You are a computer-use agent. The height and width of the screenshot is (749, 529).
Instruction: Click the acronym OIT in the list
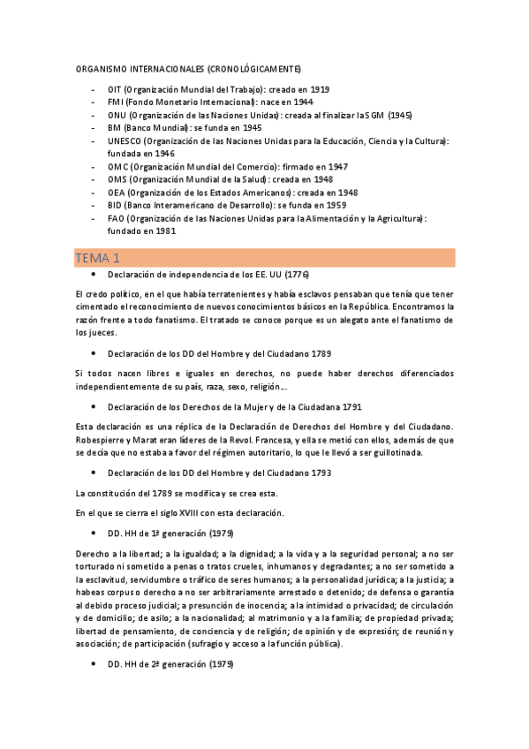115,90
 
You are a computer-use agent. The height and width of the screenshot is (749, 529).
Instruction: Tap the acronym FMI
116,102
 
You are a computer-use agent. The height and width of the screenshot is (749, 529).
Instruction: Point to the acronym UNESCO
124,140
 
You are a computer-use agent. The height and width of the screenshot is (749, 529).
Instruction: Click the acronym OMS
117,179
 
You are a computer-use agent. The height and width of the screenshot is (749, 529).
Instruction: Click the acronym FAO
116,217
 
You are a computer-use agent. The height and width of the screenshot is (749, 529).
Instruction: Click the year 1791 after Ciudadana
351,408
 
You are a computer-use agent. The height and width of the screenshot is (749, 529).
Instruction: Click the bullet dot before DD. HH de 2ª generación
93,663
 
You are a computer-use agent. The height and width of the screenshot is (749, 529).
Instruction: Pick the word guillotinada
397,453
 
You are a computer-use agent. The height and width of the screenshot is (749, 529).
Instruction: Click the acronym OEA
116,192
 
